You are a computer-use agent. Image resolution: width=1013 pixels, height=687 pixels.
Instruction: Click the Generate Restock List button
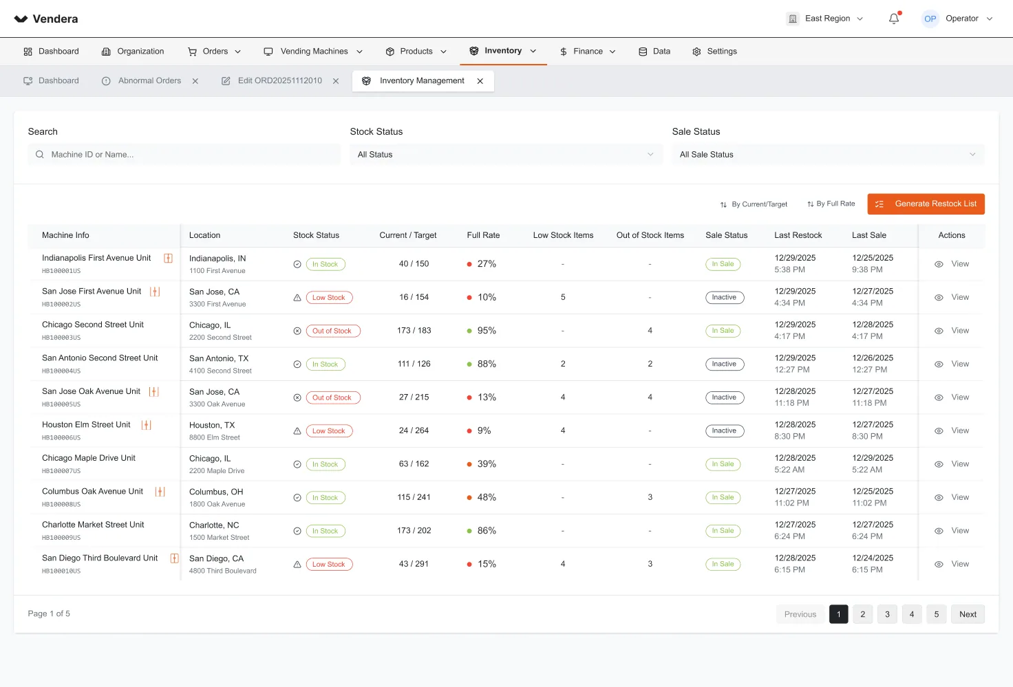pyautogui.click(x=926, y=204)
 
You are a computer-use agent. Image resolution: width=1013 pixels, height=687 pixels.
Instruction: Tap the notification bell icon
pyautogui.click(x=894, y=19)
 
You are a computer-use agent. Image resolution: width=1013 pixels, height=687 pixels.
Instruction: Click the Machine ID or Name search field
pyautogui.click(x=184, y=155)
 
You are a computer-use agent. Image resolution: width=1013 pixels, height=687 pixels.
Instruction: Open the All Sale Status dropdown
pyautogui.click(x=828, y=155)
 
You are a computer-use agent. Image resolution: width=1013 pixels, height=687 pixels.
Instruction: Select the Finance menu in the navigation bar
pyautogui.click(x=588, y=52)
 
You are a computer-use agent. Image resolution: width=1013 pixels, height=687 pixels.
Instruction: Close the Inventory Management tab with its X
pyautogui.click(x=480, y=81)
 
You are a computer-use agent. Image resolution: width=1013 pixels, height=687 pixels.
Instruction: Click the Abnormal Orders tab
pyautogui.click(x=150, y=81)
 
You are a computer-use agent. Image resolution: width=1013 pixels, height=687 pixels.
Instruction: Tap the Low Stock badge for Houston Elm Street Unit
pyautogui.click(x=329, y=430)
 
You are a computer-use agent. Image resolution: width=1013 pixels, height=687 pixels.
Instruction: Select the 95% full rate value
pyautogui.click(x=487, y=330)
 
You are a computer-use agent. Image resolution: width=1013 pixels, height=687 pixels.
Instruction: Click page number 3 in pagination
pyautogui.click(x=887, y=614)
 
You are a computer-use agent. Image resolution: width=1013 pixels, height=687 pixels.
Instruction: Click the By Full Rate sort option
pyautogui.click(x=831, y=204)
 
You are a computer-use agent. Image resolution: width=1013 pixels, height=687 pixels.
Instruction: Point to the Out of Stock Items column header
pyautogui.click(x=650, y=235)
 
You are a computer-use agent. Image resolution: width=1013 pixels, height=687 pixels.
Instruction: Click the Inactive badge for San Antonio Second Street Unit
pyautogui.click(x=725, y=364)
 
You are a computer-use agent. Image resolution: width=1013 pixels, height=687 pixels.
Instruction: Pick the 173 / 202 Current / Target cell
pyautogui.click(x=414, y=531)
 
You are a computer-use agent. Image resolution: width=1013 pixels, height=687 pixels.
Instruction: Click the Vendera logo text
pyautogui.click(x=55, y=19)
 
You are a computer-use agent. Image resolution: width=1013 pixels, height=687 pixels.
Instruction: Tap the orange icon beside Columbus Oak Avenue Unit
pyautogui.click(x=160, y=491)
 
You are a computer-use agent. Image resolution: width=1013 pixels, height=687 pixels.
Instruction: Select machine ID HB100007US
pyautogui.click(x=61, y=471)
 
